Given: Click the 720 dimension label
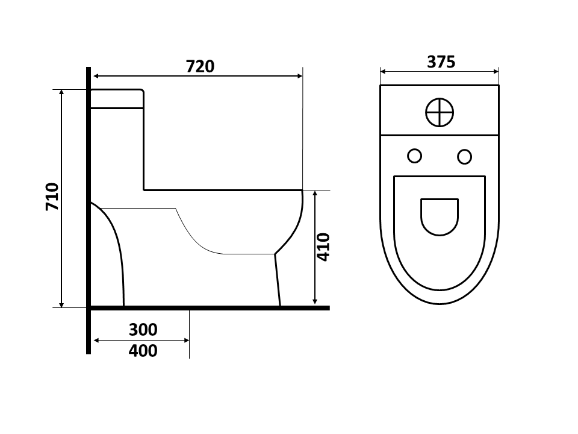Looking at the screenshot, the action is coord(200,66).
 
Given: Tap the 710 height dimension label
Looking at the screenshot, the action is coord(52,197).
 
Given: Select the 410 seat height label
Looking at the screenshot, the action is coord(323,247).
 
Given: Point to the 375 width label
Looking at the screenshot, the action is coord(441,62).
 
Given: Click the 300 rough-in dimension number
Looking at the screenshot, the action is coord(143,330).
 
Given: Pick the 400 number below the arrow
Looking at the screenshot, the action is coord(143,351).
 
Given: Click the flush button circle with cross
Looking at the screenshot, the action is coord(440,112).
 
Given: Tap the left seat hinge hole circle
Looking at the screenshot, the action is coord(415,156).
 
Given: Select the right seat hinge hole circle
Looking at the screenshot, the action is coord(464,157).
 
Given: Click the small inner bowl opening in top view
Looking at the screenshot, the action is coord(440,217).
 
